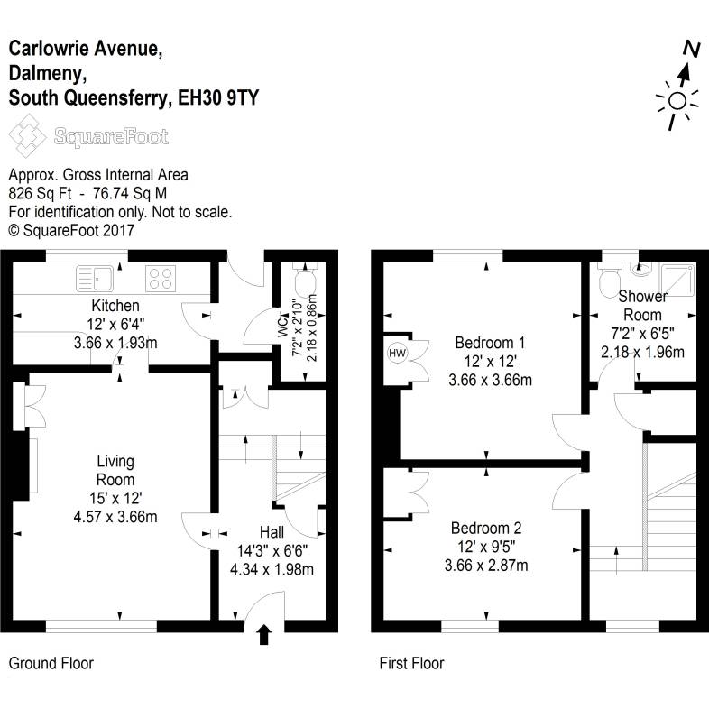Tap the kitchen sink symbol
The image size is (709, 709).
[93, 277]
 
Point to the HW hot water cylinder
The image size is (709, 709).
[396, 353]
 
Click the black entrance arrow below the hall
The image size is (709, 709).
[263, 635]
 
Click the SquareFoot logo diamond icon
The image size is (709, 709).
[28, 138]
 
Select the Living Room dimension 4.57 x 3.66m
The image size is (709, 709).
[115, 517]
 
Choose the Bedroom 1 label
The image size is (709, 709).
[490, 343]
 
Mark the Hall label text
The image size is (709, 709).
[272, 532]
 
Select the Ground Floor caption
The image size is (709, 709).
[51, 664]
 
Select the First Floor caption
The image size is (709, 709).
[411, 664]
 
